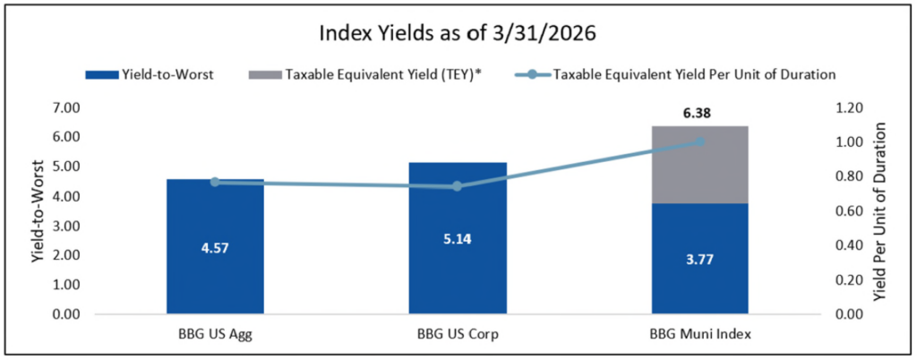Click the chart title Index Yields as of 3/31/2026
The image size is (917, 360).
(458, 36)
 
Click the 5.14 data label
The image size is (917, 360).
(458, 264)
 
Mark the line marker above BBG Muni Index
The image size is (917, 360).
(701, 141)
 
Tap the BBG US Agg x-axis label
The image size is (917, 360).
(215, 337)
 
